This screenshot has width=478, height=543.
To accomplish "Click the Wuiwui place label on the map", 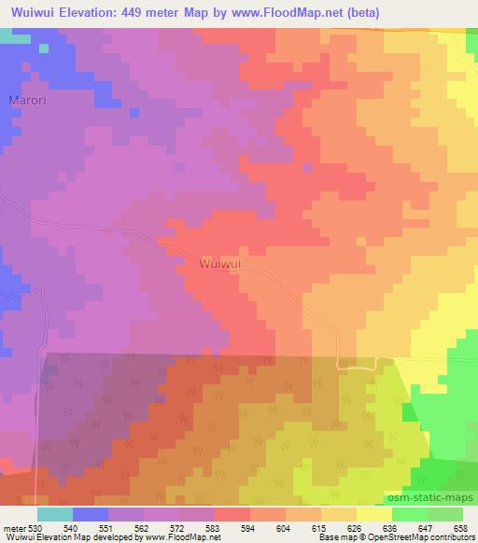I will click(x=221, y=264).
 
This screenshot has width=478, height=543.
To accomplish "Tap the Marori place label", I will click(x=25, y=100).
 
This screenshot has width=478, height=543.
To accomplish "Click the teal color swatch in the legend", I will click(x=55, y=514).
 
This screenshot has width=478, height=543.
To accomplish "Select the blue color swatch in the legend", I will click(x=91, y=514).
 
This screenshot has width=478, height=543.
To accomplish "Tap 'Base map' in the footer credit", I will click(x=330, y=537).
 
